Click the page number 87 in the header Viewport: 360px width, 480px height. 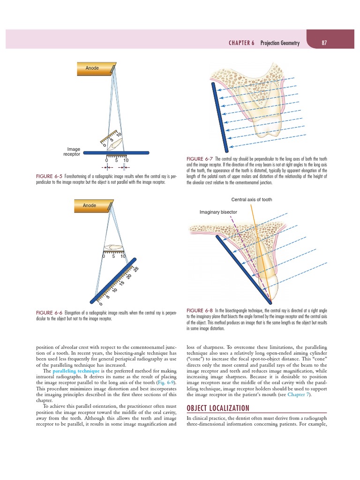[x=324, y=43]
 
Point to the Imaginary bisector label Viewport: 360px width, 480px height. [x=218, y=212]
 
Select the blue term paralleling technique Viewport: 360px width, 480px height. [x=73, y=371]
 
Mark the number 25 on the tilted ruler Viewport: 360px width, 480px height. [x=136, y=270]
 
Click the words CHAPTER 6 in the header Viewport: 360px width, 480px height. [x=242, y=43]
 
